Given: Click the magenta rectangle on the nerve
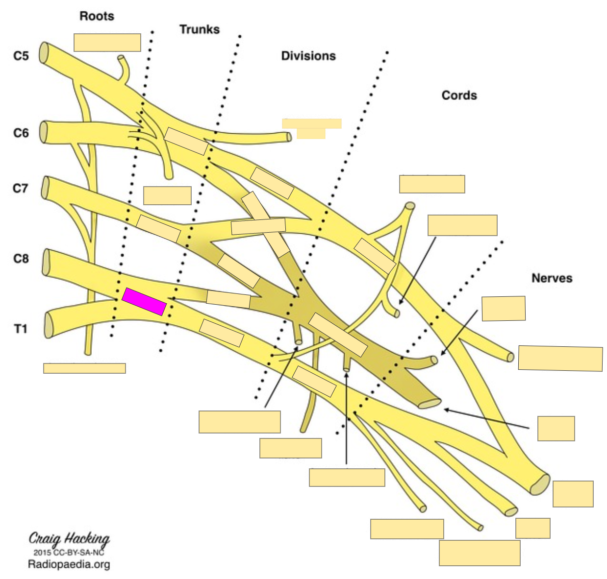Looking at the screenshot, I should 144,301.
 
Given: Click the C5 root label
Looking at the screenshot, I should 21,56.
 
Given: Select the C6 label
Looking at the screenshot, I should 21,133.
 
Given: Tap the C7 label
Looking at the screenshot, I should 21,188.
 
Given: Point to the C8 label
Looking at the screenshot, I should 21,258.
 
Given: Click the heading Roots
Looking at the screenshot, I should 97,16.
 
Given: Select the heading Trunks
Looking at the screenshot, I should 199,29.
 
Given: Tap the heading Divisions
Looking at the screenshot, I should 308,56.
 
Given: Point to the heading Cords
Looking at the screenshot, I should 459,95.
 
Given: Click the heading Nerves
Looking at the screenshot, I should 552,278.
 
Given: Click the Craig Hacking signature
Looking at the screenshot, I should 69,539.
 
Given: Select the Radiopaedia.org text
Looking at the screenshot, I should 69,564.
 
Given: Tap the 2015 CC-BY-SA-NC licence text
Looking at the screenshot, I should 69,552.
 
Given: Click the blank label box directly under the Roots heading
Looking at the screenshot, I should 107,43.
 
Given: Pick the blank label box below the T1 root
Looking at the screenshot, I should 84,368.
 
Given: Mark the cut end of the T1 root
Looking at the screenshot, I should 48,325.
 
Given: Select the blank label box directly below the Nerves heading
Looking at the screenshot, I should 504,309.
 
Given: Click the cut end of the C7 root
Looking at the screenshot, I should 46,187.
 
